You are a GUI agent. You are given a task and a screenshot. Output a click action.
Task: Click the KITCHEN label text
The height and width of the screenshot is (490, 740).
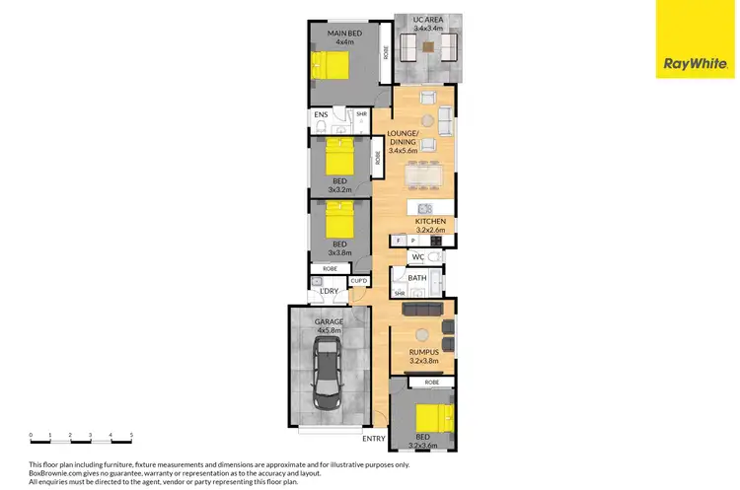click(x=430, y=221)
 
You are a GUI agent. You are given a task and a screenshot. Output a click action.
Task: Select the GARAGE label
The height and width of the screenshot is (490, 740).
click(x=328, y=321)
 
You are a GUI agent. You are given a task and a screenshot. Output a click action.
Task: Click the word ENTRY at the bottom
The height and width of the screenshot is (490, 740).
click(x=374, y=439)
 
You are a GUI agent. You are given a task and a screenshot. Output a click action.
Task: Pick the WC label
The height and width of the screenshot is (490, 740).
click(x=416, y=258)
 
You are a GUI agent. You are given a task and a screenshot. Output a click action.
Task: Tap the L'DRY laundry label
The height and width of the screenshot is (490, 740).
click(x=329, y=290)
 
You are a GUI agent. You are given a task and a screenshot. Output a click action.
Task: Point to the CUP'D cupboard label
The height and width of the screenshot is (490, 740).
click(x=358, y=280)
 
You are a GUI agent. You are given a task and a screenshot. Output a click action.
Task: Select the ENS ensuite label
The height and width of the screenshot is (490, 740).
click(x=320, y=115)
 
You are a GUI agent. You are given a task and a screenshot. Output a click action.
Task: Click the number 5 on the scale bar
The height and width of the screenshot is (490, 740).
click(x=131, y=435)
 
